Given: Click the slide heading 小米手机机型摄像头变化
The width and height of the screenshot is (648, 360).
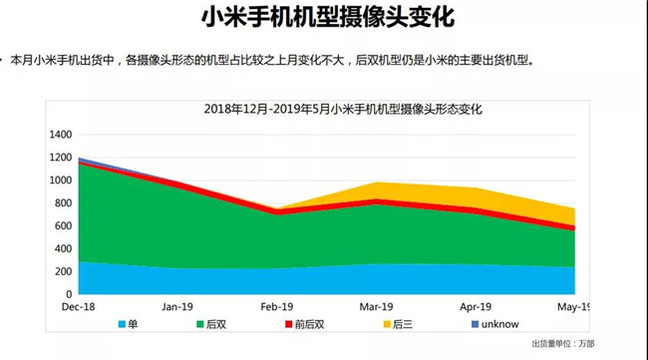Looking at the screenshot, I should pyautogui.click(x=323, y=18).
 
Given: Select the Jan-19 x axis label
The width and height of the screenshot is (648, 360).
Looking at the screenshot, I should pyautogui.click(x=176, y=308).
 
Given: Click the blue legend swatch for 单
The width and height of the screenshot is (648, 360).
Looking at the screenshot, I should pyautogui.click(x=123, y=325).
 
